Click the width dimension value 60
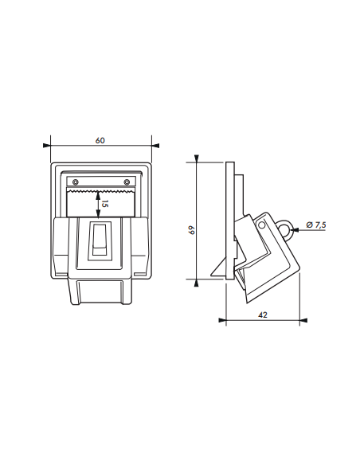pyautogui.click(x=100, y=140)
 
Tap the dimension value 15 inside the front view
pyautogui.click(x=104, y=204)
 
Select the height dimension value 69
pyautogui.click(x=191, y=230)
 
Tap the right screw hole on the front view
pyautogui.click(x=127, y=183)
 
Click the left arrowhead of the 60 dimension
pyautogui.click(x=53, y=146)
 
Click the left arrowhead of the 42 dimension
pyautogui.click(x=221, y=321)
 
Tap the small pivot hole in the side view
pyautogui.click(x=261, y=226)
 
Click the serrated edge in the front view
pyautogui.click(x=100, y=192)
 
